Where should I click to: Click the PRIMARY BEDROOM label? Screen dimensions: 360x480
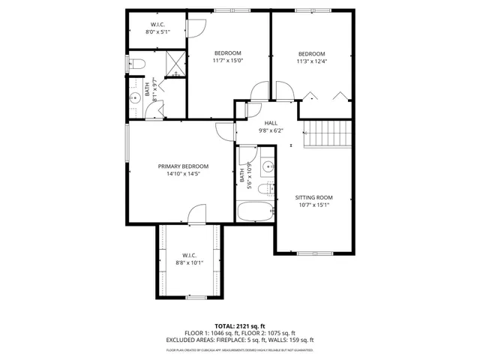183,166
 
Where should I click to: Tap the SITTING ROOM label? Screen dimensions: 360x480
314,197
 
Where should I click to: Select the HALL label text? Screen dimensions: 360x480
271,122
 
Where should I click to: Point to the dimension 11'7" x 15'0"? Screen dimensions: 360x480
228,61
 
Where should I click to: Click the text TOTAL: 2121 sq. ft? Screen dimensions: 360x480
240,326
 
